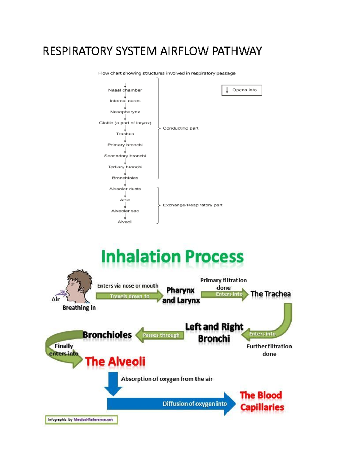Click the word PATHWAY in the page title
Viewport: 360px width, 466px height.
pyautogui.click(x=237, y=51)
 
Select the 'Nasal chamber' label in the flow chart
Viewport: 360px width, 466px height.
pyautogui.click(x=125, y=90)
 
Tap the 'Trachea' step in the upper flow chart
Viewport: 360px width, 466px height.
pyautogui.click(x=125, y=134)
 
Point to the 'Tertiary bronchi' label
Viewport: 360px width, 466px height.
pyautogui.click(x=125, y=167)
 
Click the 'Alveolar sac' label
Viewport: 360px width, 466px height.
pyautogui.click(x=125, y=211)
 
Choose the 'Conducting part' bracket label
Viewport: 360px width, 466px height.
pyautogui.click(x=180, y=128)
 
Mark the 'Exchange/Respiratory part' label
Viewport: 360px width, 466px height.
pyautogui.click(x=192, y=205)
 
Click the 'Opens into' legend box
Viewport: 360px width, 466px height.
pyautogui.click(x=241, y=90)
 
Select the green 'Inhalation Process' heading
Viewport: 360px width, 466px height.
pyautogui.click(x=172, y=257)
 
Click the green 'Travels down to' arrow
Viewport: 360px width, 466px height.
pyautogui.click(x=130, y=296)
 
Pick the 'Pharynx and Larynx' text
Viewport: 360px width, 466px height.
pyautogui.click(x=181, y=295)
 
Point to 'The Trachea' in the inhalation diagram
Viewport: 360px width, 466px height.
pyautogui.click(x=270, y=294)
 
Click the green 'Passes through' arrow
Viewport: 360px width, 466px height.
pyautogui.click(x=160, y=335)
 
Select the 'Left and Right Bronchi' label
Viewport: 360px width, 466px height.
pyautogui.click(x=214, y=332)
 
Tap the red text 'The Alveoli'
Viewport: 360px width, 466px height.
pyautogui.click(x=115, y=362)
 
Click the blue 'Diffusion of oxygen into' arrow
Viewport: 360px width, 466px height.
pyautogui.click(x=171, y=404)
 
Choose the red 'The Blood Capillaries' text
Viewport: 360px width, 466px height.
pyautogui.click(x=262, y=401)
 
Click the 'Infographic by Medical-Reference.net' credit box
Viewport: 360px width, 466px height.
pyautogui.click(x=81, y=419)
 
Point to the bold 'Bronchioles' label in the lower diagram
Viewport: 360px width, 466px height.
pyautogui.click(x=107, y=335)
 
